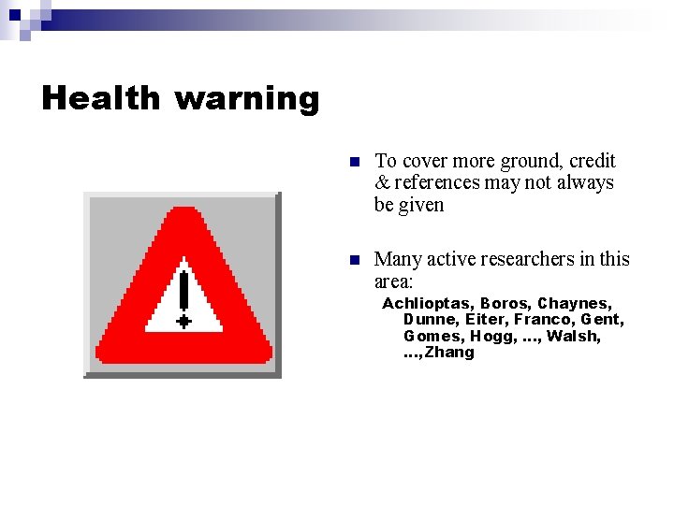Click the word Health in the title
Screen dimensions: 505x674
(101, 97)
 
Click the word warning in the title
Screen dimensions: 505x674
(247, 99)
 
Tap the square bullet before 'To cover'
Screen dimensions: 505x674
(354, 162)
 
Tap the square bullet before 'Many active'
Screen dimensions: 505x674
(354, 259)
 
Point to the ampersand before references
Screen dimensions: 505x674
(382, 182)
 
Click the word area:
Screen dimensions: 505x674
(393, 281)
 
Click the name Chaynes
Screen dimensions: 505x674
(574, 303)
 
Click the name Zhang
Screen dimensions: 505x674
(450, 353)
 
